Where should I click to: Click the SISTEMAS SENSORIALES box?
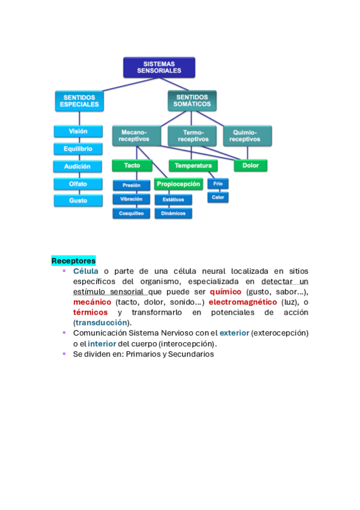point(159,67)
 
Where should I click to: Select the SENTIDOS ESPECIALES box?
point(79,101)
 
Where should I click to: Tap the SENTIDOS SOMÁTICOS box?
point(192,101)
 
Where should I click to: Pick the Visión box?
point(78,131)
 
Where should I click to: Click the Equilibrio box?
point(78,149)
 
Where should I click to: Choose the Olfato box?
point(78,184)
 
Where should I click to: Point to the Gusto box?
point(78,201)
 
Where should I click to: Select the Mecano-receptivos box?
point(136,136)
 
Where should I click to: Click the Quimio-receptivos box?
point(247,136)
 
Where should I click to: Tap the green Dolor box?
point(251,165)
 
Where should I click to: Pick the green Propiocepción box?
point(178,184)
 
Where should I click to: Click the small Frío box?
point(218,184)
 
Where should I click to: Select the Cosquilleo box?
point(131,214)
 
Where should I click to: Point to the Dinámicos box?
point(173,214)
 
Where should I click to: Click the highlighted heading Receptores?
point(73,261)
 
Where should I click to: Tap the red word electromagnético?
point(243,302)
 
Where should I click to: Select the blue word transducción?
point(102,322)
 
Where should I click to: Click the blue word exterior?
point(234,333)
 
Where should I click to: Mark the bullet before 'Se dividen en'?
point(64,354)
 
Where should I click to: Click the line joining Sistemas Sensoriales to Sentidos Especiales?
point(130,84)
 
